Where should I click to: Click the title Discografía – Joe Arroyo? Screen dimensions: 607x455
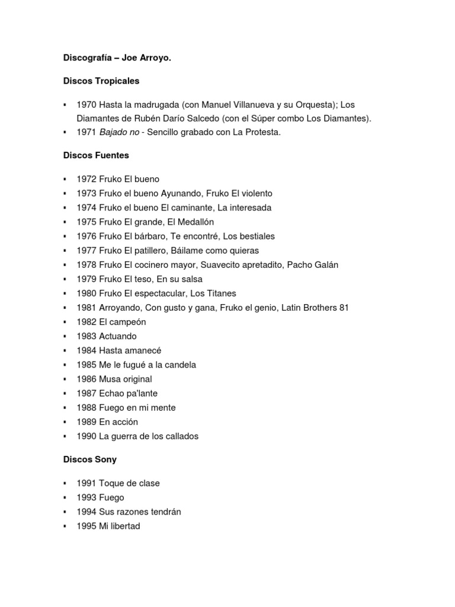tap(117, 59)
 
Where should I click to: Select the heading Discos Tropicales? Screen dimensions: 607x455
tap(101, 80)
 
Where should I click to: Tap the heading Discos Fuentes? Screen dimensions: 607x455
tap(96, 155)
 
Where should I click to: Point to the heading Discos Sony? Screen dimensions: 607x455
tap(90, 459)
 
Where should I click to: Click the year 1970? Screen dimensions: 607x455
tap(86, 104)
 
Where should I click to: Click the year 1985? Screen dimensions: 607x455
tap(86, 365)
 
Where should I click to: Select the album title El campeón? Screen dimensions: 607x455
tap(123, 322)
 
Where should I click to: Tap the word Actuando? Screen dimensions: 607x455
tap(118, 336)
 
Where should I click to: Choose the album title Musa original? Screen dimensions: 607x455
tap(126, 379)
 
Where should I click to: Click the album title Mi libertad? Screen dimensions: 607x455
tap(120, 526)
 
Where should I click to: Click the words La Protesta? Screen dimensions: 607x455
tap(257, 132)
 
